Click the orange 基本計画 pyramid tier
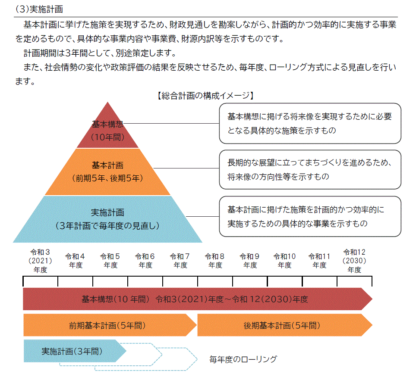(x=107, y=171)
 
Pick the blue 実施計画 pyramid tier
(x=107, y=219)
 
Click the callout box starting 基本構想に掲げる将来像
(x=309, y=123)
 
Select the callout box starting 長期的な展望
(x=309, y=170)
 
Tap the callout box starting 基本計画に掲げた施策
(x=309, y=216)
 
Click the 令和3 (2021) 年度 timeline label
(x=41, y=261)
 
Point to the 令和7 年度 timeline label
(x=180, y=261)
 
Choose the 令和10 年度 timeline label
(x=285, y=261)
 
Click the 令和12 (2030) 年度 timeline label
(x=354, y=261)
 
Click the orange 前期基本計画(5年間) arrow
(x=108, y=325)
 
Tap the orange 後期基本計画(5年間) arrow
(x=283, y=325)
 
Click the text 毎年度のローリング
(x=243, y=359)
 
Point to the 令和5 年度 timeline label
(x=110, y=261)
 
